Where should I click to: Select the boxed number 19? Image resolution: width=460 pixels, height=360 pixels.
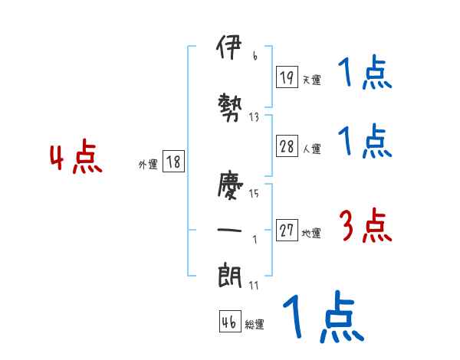pos(287,77)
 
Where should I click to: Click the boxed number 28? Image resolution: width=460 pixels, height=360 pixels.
pos(287,147)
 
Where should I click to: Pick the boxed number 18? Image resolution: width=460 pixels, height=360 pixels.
pos(173,162)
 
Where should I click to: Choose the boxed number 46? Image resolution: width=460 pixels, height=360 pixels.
pos(229,322)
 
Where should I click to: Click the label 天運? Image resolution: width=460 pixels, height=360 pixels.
pos(312,80)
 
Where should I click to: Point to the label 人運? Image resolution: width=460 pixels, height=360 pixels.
pos(312,149)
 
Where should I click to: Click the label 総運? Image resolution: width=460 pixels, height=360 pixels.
pos(255,325)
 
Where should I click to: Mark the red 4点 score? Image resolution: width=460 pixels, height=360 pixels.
pos(76,159)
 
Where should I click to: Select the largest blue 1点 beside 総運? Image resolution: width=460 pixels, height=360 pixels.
pos(322,316)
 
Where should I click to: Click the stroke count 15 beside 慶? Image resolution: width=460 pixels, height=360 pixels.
pos(255,193)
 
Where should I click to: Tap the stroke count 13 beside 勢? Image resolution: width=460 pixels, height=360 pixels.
pos(255,117)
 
